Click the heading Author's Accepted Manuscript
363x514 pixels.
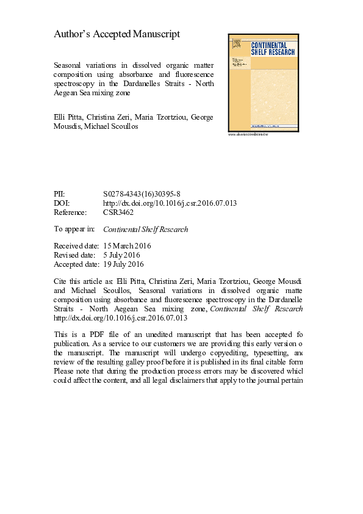point(117,35)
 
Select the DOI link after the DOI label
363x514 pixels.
point(170,203)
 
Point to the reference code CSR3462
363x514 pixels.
point(118,212)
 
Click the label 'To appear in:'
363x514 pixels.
point(74,230)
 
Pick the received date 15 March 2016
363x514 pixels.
point(128,246)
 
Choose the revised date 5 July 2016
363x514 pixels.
point(122,255)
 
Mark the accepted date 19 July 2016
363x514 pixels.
point(124,264)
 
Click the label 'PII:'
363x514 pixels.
point(62,193)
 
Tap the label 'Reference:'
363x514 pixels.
point(71,212)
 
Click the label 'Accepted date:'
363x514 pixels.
point(76,264)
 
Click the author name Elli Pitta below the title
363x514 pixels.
point(68,116)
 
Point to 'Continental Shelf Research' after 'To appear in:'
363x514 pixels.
point(146,230)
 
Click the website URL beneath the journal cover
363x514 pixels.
point(248,134)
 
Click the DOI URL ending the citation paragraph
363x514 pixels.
point(121,318)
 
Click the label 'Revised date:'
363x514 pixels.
point(74,255)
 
